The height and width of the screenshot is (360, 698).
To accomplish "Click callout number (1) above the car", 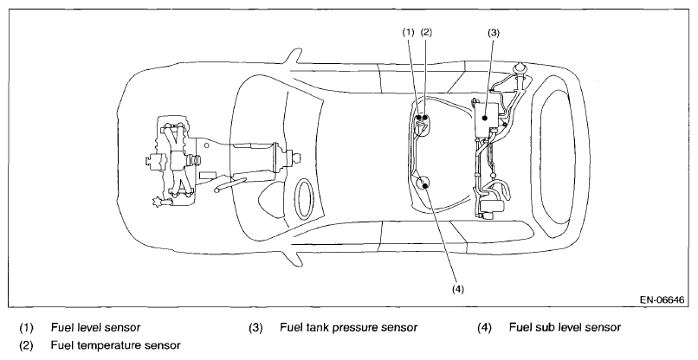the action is [408, 32].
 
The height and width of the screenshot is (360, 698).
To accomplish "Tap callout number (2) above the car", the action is [426, 32].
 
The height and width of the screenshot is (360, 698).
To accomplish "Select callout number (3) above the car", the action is [494, 33].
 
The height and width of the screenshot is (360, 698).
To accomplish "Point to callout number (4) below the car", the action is [458, 289].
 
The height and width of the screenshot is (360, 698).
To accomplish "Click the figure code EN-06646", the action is [662, 300].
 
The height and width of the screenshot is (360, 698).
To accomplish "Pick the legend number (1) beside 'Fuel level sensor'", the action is [26, 328].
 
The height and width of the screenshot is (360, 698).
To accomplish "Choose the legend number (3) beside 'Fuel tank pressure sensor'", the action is [255, 328].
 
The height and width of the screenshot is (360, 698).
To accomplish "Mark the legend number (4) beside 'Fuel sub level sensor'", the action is [484, 328].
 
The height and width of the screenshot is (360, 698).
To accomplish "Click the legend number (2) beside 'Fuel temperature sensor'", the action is [26, 345].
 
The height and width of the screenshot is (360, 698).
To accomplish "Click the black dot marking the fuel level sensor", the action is [419, 118].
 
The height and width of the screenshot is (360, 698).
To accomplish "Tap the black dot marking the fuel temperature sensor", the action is [425, 118].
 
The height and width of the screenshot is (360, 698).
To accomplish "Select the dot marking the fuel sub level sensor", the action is [425, 185].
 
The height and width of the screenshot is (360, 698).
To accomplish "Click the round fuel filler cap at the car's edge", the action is [520, 69].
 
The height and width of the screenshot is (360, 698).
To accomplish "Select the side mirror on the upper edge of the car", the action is [292, 56].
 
